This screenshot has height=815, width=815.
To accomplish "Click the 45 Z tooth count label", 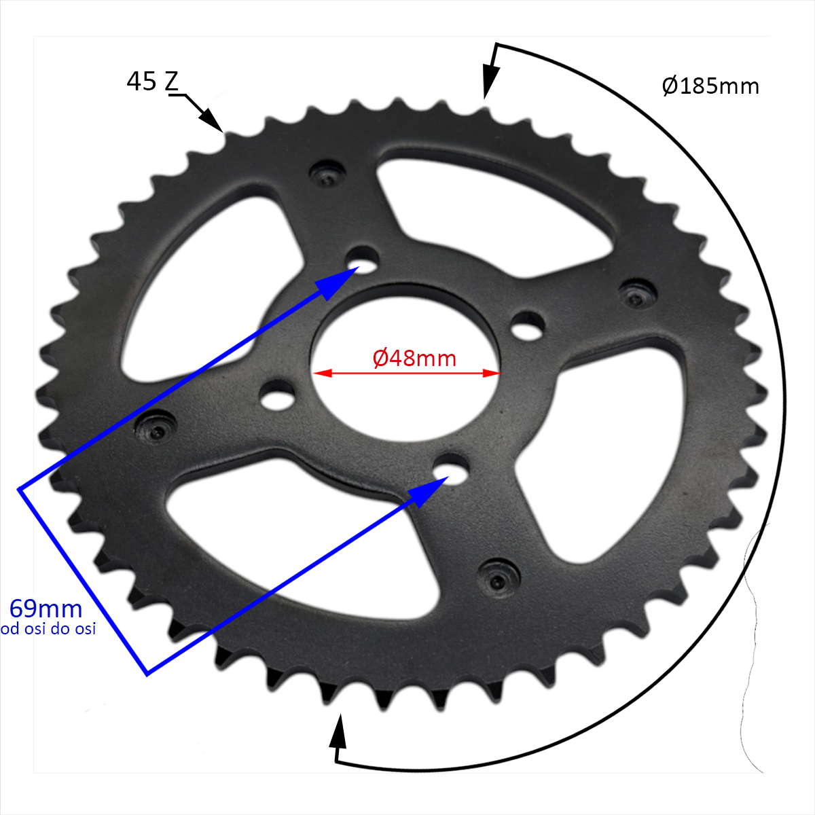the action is coord(153,81).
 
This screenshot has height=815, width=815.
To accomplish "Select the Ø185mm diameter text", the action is coord(710,86).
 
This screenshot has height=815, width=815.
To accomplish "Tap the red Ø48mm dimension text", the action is coord(414,359).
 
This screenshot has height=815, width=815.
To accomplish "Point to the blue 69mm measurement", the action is coord(46,609).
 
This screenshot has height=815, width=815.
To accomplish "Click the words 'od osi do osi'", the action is coord(48,629).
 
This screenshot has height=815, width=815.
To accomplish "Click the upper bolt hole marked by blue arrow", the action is coord(363,259).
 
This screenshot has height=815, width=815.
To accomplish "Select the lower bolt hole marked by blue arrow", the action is coord(452,467).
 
